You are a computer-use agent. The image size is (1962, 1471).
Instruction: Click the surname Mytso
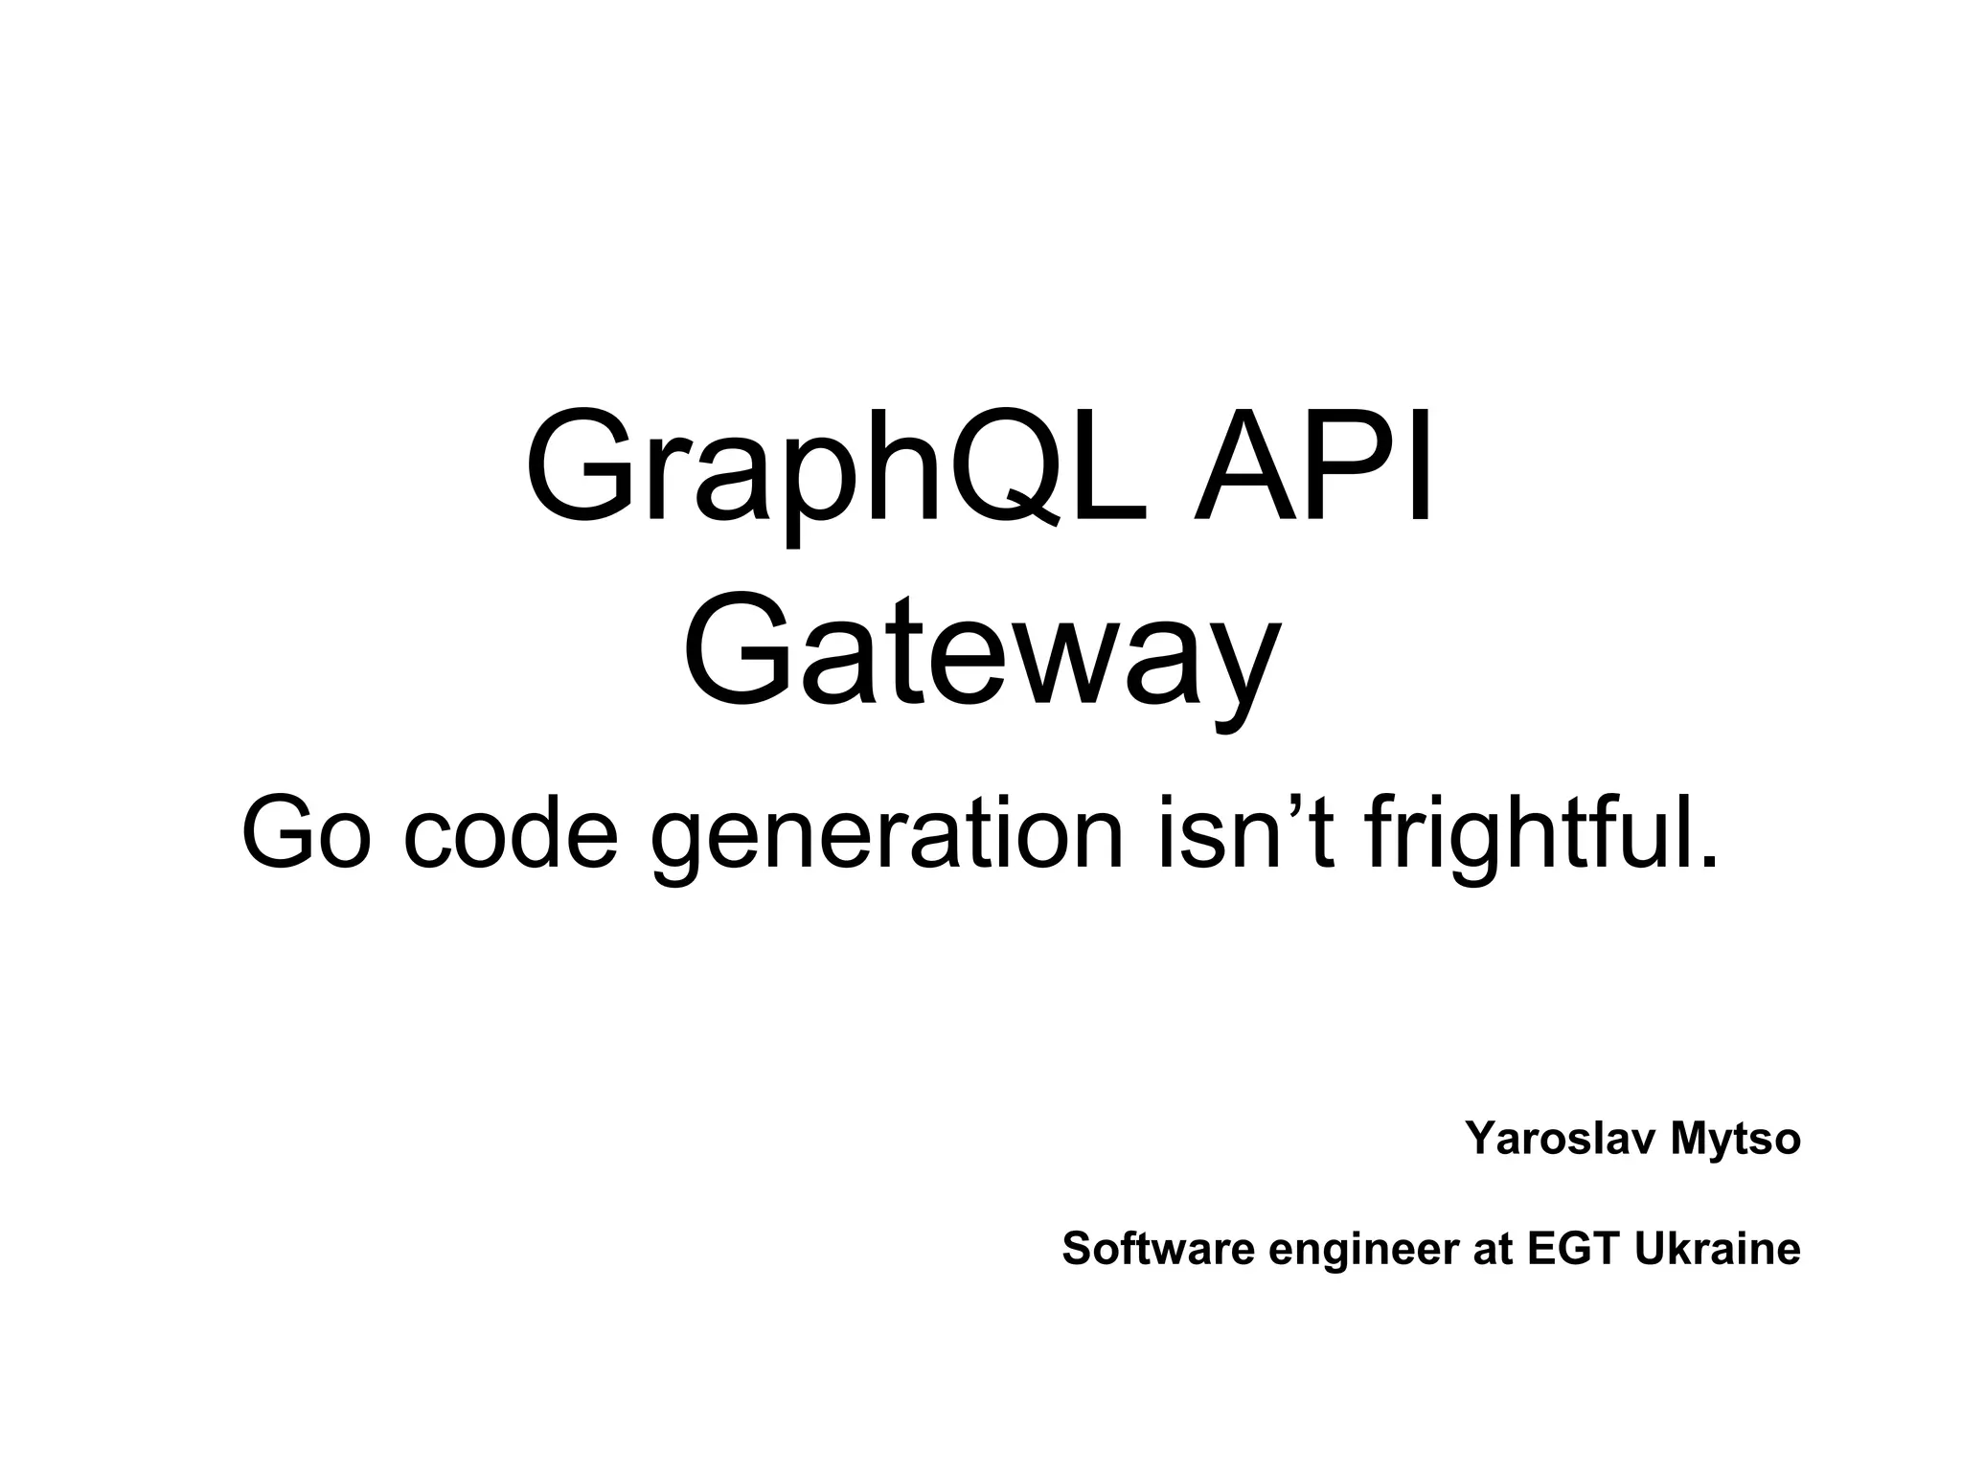1736,1141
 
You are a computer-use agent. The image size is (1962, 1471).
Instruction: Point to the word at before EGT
1492,1249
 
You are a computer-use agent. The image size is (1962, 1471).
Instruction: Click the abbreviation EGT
1574,1249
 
